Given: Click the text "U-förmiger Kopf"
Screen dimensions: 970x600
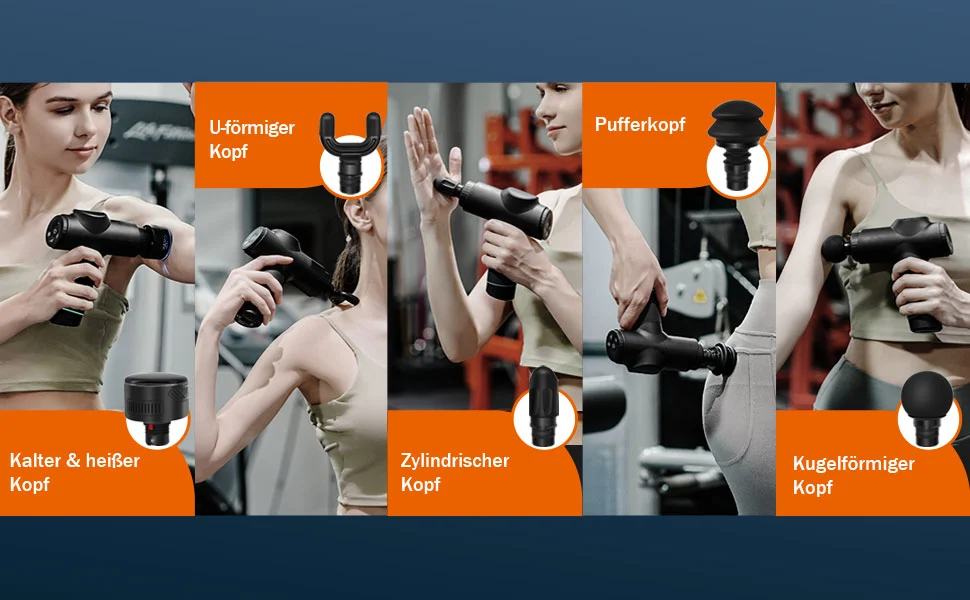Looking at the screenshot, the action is coord(252,139).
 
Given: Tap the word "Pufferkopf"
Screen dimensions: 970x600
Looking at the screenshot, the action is coord(640,124).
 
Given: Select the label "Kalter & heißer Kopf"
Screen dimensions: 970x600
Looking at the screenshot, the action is coord(74,472).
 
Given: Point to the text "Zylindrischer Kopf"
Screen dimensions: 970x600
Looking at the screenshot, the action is coord(455,472).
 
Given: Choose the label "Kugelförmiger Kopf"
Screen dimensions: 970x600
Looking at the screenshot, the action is coord(854,475).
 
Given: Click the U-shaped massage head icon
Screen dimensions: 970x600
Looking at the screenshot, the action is coord(350,152).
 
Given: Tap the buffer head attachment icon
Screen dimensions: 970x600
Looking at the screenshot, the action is coord(737,144).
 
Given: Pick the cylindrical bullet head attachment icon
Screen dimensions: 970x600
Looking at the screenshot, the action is coord(544,406).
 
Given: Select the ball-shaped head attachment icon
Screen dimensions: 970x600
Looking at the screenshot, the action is coord(927,408).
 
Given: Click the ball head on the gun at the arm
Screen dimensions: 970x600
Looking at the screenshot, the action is coord(836,248).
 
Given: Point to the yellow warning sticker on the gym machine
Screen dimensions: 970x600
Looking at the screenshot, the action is coord(700,295).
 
